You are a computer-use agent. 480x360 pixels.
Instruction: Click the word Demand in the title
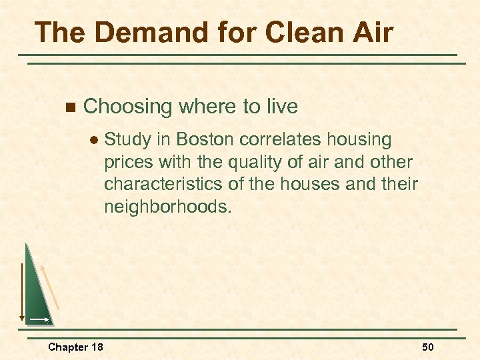[x=141, y=32]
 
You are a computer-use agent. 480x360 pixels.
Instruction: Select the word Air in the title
[x=369, y=32]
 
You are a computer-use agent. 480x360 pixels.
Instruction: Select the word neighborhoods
[x=167, y=207]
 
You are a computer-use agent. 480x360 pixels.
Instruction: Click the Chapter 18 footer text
[x=75, y=347]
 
